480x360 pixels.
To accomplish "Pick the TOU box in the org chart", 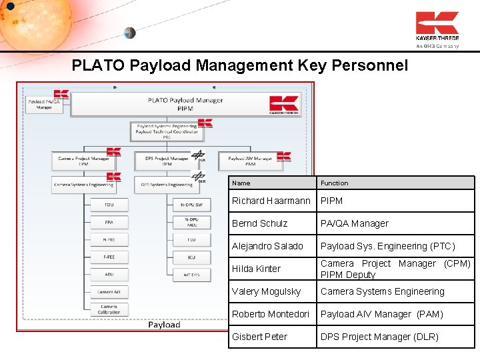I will click(109, 205).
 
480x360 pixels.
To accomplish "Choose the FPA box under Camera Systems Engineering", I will click(109, 222).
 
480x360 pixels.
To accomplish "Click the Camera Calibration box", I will click(109, 309).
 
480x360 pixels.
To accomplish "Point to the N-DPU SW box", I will click(191, 205).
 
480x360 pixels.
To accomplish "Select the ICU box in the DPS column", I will click(191, 257).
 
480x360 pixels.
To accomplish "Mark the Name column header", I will click(241, 183).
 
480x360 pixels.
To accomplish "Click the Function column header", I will click(334, 183).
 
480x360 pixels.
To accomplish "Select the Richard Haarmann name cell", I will click(271, 201).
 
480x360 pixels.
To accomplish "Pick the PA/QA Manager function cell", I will click(354, 223).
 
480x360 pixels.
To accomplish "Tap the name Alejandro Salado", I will click(267, 246).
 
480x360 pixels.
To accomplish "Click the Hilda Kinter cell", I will click(256, 269).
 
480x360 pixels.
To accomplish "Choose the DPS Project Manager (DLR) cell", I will click(379, 337).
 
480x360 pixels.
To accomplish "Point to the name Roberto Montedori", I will click(271, 314).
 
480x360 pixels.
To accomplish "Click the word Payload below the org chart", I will click(164, 325).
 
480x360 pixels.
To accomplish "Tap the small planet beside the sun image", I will click(129, 33).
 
